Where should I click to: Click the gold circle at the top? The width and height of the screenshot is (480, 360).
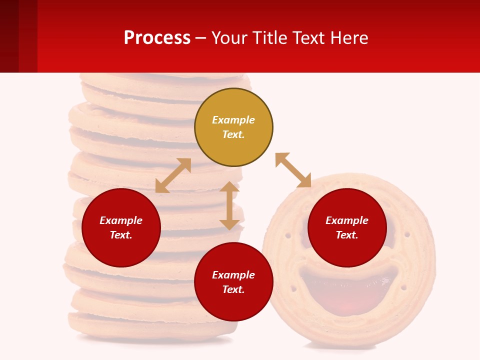coord(233,127)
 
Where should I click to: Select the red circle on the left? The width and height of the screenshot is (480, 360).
coord(121,227)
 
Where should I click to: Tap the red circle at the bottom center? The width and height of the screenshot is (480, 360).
coord(233,282)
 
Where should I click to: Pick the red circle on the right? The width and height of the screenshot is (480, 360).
coord(347,227)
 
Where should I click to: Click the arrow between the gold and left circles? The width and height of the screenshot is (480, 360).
coord(173,175)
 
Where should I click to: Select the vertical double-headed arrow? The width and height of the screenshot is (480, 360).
coord(229,205)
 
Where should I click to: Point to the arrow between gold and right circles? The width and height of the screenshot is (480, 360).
coord(293,170)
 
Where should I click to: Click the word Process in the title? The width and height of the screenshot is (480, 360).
coord(157,37)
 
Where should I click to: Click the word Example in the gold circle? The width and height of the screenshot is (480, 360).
coord(233,120)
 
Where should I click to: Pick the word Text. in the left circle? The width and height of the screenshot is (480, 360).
coord(121,235)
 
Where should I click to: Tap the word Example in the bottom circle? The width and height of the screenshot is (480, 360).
coord(233,274)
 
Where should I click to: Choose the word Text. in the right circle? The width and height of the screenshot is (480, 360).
coord(347,235)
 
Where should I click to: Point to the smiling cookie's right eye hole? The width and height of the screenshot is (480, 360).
coord(407,234)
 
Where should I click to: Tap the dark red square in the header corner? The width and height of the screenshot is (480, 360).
coord(9,36)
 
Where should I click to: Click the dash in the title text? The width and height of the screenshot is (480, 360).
coord(201,38)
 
